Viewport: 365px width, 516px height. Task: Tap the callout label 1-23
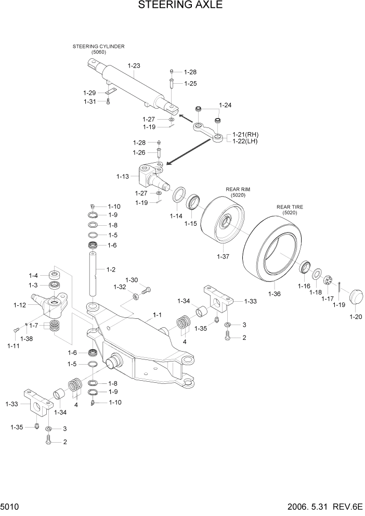pos(134,66)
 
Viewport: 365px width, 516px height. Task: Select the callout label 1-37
pos(223,256)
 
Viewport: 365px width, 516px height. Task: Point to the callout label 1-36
pos(274,294)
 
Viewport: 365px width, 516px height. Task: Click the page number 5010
pos(10,506)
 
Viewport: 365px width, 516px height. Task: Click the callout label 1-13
pos(123,176)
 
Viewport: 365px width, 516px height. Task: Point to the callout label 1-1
pos(157,315)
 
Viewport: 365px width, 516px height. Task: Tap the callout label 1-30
pos(132,280)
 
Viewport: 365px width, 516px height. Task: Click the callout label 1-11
pos(14,345)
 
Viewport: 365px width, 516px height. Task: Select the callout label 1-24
pos(226,105)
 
